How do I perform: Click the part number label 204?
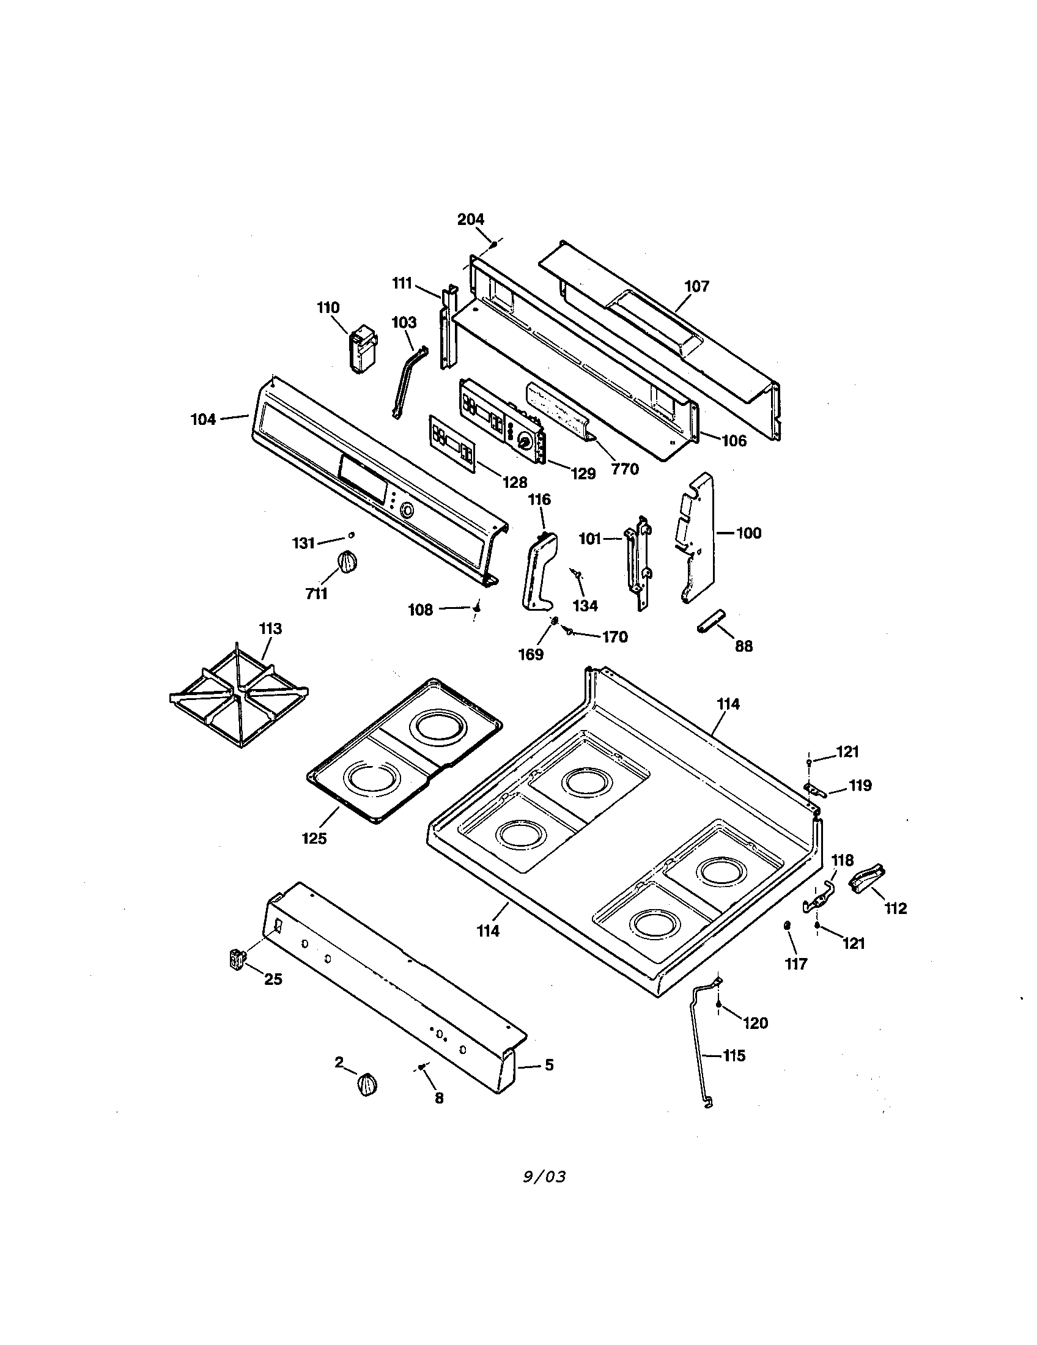tap(470, 219)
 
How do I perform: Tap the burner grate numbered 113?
tap(239, 696)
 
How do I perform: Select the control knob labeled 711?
tap(348, 562)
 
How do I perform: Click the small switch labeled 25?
tap(235, 959)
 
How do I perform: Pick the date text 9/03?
tap(544, 1177)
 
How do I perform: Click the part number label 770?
tap(624, 469)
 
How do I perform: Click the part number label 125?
tap(314, 838)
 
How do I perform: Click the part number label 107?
tap(696, 286)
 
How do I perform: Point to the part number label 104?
tap(203, 419)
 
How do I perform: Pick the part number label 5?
tap(548, 1064)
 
